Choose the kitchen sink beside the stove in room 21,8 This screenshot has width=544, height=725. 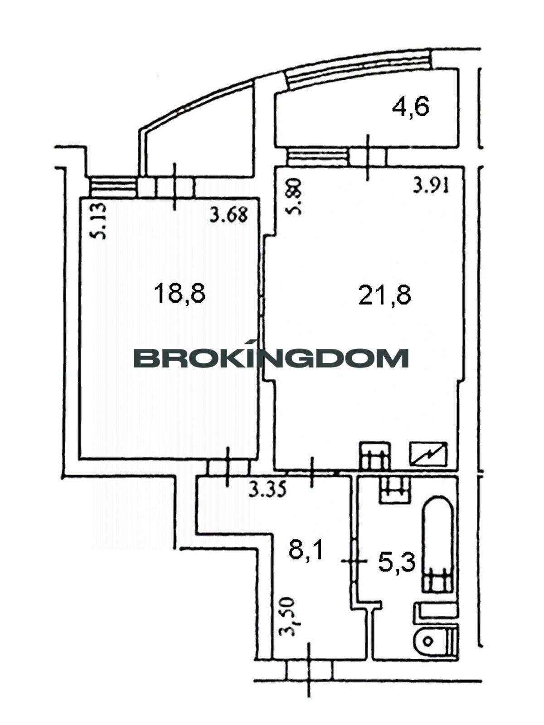click(x=375, y=455)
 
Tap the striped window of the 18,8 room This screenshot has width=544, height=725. click(x=114, y=187)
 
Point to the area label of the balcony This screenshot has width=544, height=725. click(x=411, y=107)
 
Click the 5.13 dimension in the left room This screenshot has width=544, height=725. click(x=100, y=221)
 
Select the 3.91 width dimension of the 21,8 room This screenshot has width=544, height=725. click(x=431, y=187)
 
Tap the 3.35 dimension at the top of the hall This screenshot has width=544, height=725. click(x=267, y=490)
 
